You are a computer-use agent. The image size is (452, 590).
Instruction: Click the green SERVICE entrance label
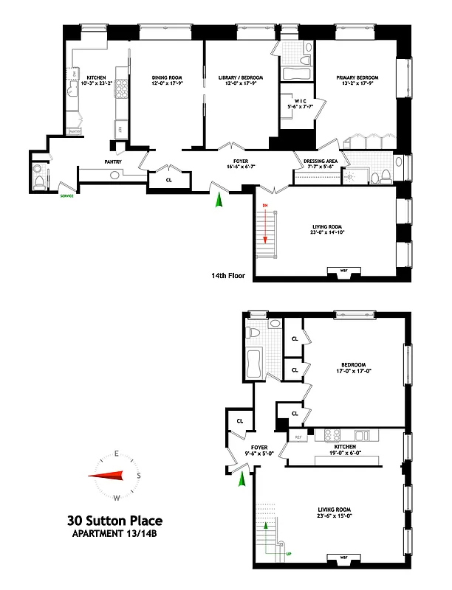pyautogui.click(x=68, y=195)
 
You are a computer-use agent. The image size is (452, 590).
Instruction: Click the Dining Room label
pyautogui.click(x=167, y=77)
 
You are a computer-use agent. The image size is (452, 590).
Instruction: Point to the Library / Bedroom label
pyautogui.click(x=241, y=77)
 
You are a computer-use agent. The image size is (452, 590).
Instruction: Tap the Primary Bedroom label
pyautogui.click(x=357, y=77)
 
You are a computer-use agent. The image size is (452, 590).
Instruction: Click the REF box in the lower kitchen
pyautogui.click(x=299, y=437)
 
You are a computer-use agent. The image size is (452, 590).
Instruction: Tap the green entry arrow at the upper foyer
pyautogui.click(x=218, y=200)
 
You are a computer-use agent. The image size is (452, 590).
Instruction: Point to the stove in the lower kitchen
pyautogui.click(x=327, y=434)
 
